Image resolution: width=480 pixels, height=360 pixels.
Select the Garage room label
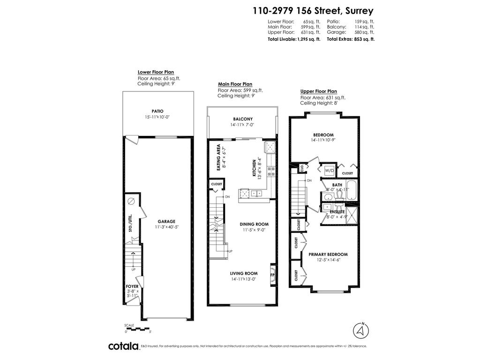click(x=166, y=221)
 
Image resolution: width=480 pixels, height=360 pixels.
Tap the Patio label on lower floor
click(x=157, y=111)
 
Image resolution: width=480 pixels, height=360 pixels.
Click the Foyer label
click(x=132, y=285)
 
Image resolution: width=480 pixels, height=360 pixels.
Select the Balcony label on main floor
click(x=243, y=119)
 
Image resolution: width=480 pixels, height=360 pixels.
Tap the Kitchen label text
click(x=255, y=169)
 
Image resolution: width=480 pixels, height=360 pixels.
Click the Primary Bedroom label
click(x=328, y=254)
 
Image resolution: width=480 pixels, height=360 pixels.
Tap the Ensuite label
click(x=337, y=212)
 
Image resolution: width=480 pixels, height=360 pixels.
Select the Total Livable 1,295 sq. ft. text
click(x=294, y=39)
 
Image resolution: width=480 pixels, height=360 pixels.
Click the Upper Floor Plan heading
click(x=318, y=91)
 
